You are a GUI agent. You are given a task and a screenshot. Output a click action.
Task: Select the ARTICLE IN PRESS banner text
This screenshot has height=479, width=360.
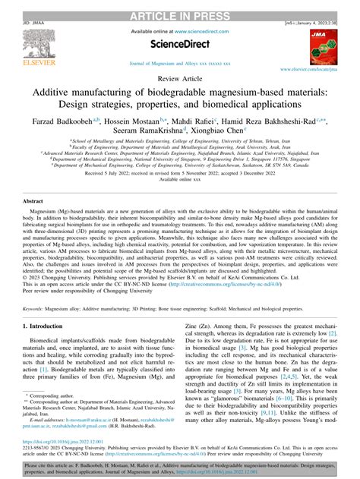click(180, 7)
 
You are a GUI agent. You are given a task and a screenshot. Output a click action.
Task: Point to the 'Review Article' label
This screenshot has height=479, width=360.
click(180, 77)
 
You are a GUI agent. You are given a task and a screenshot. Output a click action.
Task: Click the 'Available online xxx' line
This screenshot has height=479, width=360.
click(180, 181)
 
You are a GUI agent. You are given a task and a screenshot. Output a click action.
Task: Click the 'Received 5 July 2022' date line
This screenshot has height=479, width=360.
click(180, 173)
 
